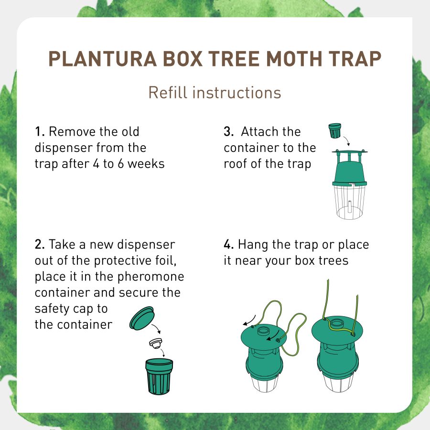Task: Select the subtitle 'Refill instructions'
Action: point(215,92)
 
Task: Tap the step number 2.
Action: point(40,245)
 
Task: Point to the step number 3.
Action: point(228,131)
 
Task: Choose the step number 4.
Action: point(229,245)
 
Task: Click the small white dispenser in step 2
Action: point(155,343)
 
